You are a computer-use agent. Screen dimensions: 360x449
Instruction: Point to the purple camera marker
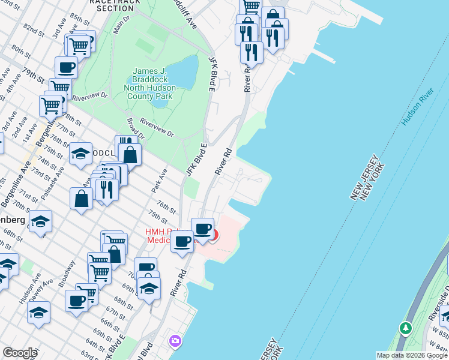(x=175, y=341)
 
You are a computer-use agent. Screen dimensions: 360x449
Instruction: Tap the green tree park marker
(x=406, y=328)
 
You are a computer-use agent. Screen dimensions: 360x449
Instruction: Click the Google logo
(x=20, y=353)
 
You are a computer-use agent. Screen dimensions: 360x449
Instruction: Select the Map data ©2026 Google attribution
(x=411, y=355)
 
